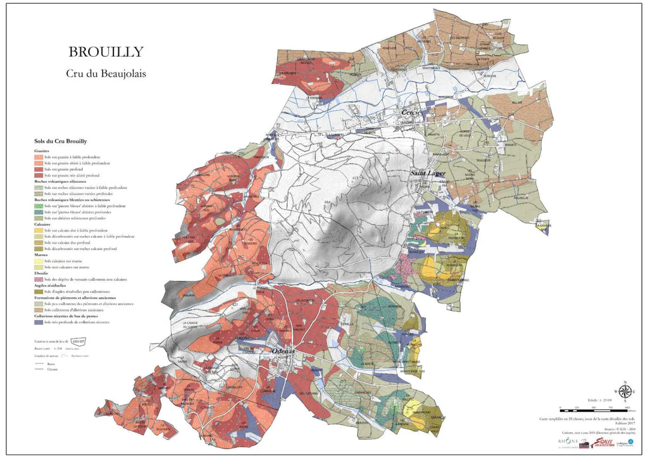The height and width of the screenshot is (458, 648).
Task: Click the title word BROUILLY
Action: click(x=106, y=52)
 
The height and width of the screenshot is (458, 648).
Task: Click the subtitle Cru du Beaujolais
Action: click(x=106, y=73)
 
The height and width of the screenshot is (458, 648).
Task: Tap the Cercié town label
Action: click(x=411, y=112)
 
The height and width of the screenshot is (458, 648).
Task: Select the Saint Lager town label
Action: click(x=429, y=173)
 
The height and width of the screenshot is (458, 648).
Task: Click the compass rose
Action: click(x=625, y=392)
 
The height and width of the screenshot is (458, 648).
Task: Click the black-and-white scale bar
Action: click(x=595, y=411)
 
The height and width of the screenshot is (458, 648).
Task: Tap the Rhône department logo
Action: click(x=568, y=441)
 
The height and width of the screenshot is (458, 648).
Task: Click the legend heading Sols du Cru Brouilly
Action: click(x=61, y=142)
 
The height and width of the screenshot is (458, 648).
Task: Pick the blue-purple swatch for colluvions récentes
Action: click(x=39, y=322)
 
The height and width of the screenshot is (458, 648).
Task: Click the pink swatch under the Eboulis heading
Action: click(x=39, y=279)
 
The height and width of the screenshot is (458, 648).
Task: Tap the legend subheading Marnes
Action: click(x=42, y=254)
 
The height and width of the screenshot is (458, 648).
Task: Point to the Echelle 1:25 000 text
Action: click(x=601, y=400)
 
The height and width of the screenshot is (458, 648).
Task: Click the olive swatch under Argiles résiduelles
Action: click(x=39, y=292)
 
